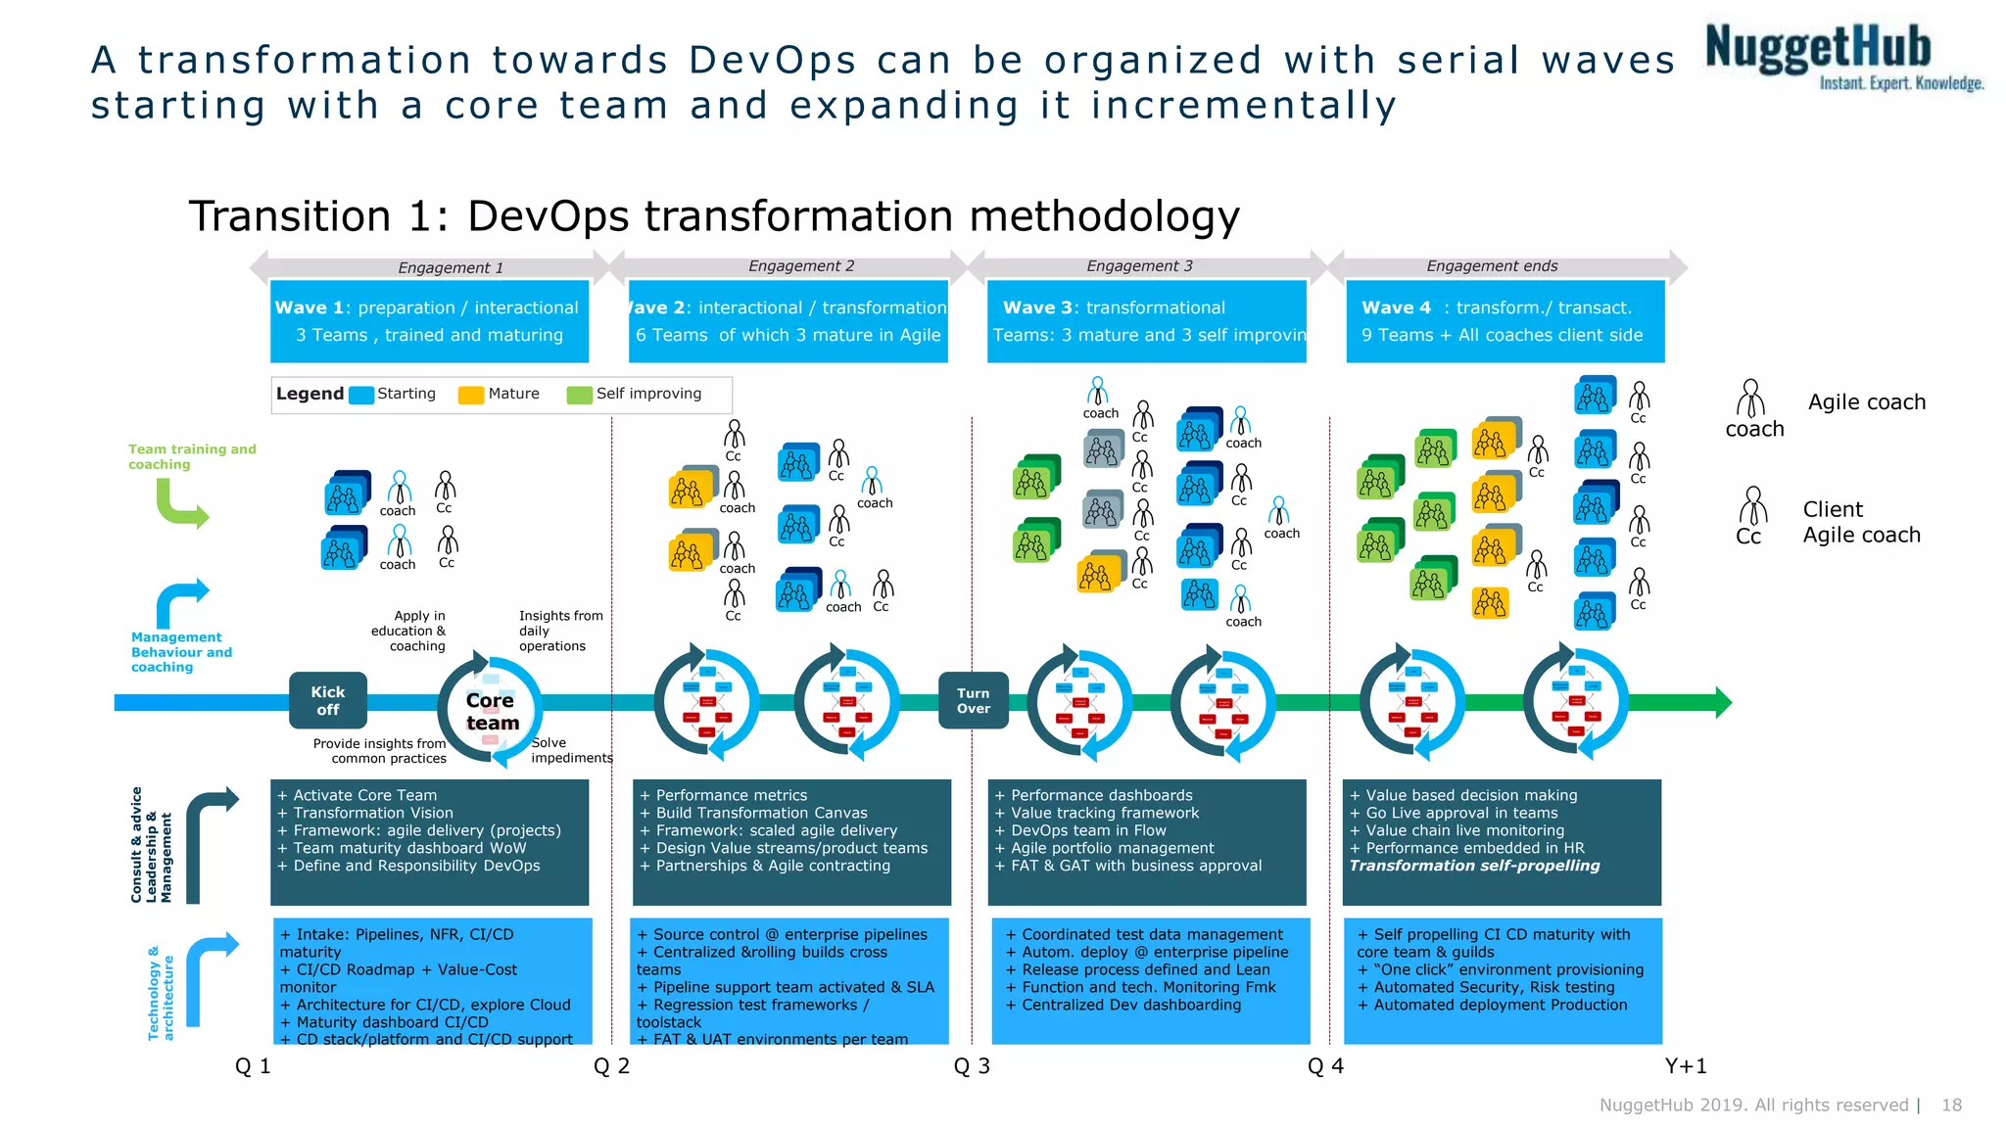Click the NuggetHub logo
pos(1841,57)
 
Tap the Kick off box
pos(328,700)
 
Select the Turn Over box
pos(973,700)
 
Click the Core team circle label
pos(491,712)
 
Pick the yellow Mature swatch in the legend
pos(471,395)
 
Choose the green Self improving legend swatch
pos(579,395)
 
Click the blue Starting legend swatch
pos(361,395)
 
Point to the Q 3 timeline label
pos(972,1066)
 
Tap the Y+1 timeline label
pos(1686,1066)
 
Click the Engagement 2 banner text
pos(801,266)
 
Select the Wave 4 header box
pos(1504,321)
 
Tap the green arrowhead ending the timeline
pos(1723,702)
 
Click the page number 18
pos(1951,1105)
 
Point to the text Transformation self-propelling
pos(1474,866)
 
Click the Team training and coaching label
pos(192,456)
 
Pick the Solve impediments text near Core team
pos(571,750)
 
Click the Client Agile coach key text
pos(1861,522)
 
